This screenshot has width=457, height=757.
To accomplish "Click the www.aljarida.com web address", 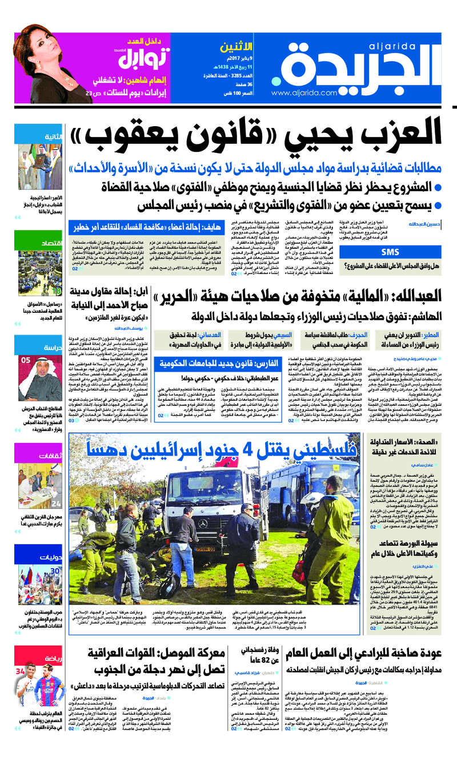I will tap(303, 92).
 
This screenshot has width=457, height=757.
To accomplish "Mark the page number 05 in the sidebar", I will tap(26, 360).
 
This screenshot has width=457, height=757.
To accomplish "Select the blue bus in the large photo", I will tap(286, 485).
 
